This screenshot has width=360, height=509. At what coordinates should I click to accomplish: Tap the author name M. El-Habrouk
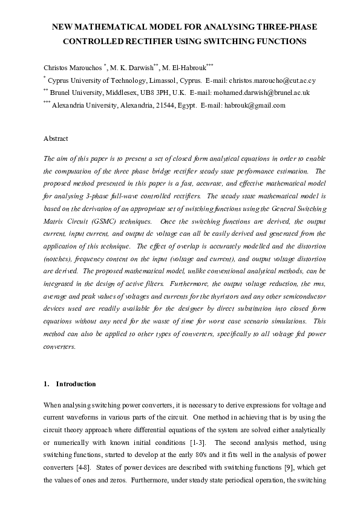185,67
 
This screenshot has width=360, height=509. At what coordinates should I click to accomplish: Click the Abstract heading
56,138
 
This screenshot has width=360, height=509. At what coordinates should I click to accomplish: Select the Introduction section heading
76,384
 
